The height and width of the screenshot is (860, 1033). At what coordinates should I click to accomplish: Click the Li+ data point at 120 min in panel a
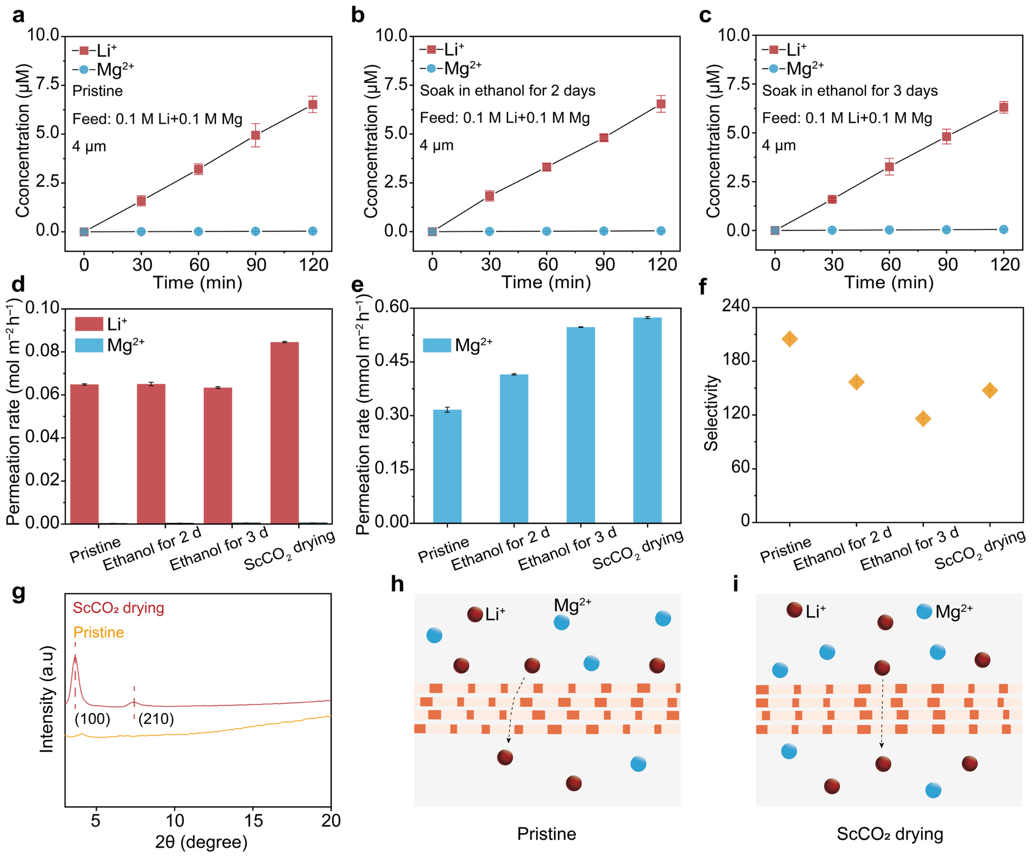[x=312, y=104]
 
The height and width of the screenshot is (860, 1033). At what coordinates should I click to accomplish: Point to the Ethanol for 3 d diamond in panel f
[x=923, y=419]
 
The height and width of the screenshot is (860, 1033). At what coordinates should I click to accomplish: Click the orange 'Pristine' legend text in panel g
[x=98, y=632]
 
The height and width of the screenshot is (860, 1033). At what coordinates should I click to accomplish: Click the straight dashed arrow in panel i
[x=882, y=713]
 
